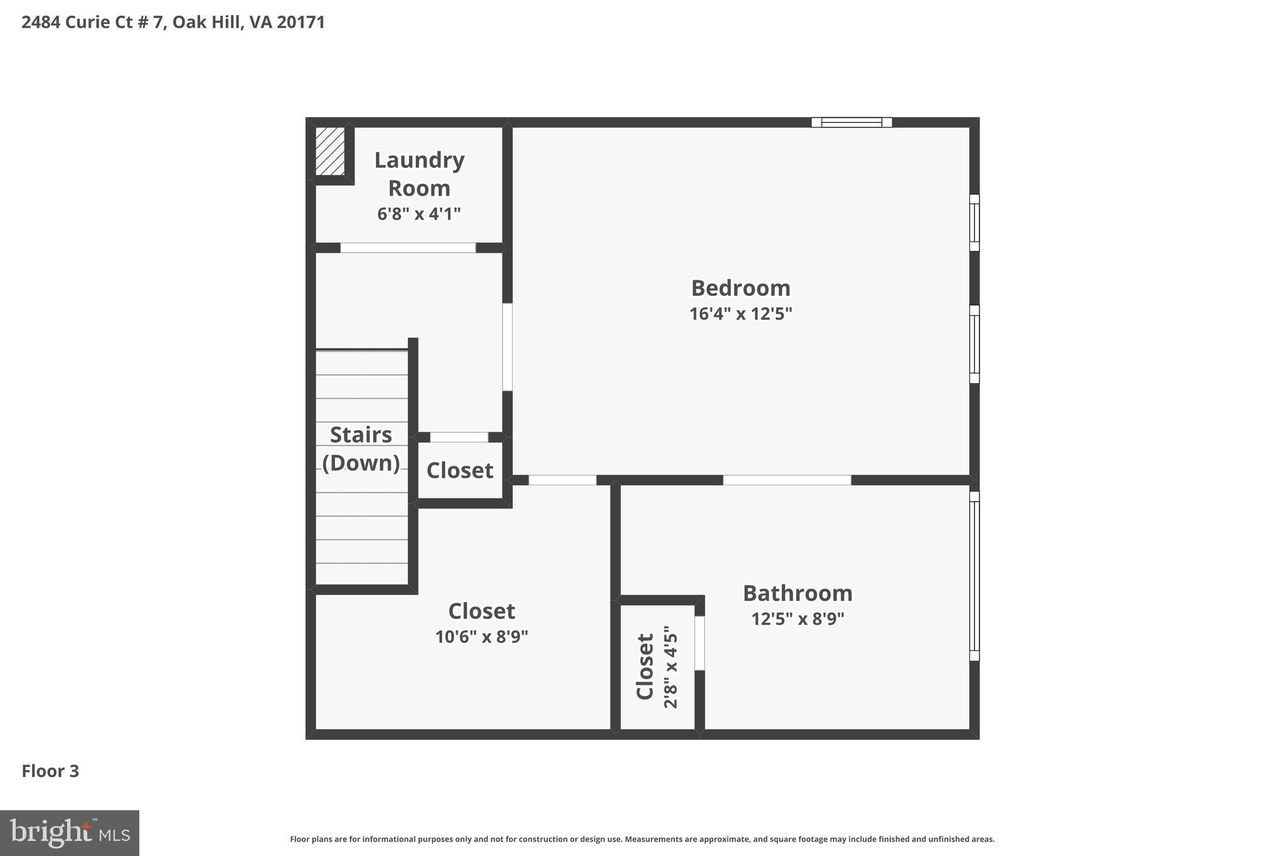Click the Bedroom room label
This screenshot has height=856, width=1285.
pos(740,288)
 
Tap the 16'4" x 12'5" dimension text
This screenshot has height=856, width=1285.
pos(740,314)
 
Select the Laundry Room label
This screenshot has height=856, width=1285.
pos(419,174)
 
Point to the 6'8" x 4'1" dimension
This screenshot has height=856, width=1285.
pos(419,214)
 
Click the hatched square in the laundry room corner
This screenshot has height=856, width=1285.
pos(329,151)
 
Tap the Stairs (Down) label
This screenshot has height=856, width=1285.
pos(361,448)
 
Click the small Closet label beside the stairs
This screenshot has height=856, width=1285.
pos(460,470)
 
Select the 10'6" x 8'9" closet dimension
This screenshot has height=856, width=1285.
pos(481,637)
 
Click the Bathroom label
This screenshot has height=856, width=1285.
pos(797,593)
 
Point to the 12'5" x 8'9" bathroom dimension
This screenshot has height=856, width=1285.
pos(797,619)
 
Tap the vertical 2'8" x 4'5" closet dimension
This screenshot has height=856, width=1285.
pos(671,667)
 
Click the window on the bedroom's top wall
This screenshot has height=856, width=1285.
pos(851,122)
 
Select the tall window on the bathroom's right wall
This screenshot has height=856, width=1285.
pos(974,576)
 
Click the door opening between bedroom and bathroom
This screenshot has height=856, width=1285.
pos(787,480)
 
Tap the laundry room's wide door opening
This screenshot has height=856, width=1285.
pos(408,248)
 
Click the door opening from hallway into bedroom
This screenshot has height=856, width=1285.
pos(507,347)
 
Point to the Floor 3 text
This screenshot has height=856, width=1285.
pos(50,771)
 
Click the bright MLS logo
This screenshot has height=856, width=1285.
pos(70,833)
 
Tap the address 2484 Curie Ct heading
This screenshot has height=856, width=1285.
pos(173,23)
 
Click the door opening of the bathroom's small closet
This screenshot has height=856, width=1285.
pos(700,643)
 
